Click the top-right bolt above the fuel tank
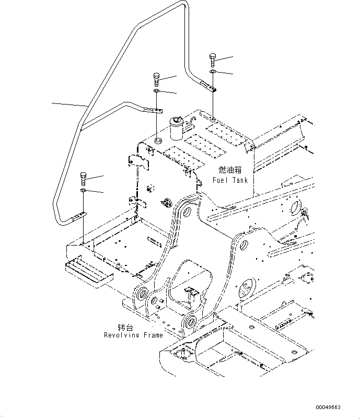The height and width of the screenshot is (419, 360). (212, 59)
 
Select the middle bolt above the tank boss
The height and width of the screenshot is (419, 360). (157, 80)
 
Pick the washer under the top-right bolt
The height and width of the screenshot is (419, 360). (212, 71)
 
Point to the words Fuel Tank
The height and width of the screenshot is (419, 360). (230, 180)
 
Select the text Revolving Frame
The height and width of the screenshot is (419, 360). (133, 335)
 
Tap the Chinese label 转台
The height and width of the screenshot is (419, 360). (125, 327)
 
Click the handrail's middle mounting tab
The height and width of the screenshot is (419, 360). (156, 110)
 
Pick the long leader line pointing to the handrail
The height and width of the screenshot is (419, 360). (69, 104)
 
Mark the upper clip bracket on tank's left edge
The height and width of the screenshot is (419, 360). (137, 161)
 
